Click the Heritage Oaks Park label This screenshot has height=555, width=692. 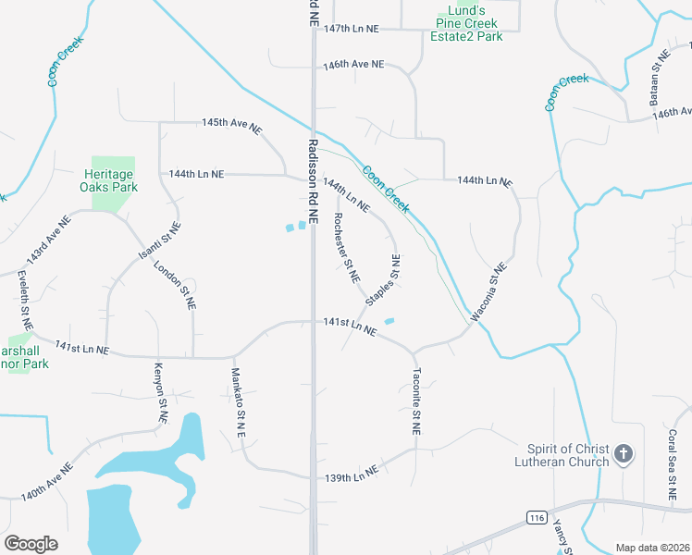[x=110, y=180]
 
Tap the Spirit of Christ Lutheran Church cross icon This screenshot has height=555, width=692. [x=624, y=453]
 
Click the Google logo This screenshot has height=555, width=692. [x=31, y=544]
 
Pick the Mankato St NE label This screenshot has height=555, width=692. [x=237, y=402]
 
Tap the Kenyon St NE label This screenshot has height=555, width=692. [x=161, y=393]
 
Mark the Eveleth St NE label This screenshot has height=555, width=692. [x=25, y=301]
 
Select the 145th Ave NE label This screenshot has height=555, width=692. [x=232, y=124]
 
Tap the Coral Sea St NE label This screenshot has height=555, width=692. [x=672, y=471]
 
